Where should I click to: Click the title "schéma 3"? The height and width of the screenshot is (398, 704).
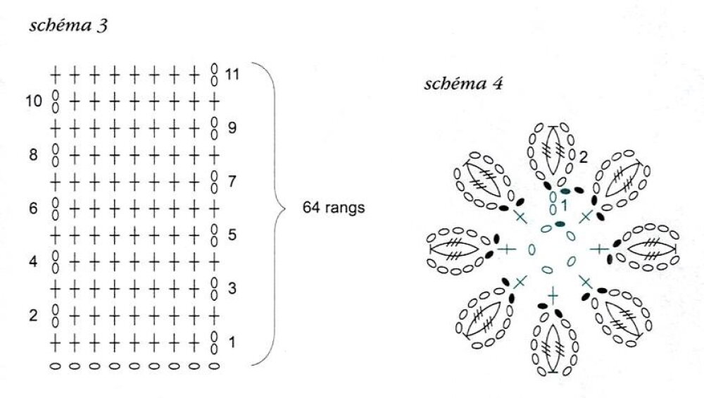(x=68, y=27)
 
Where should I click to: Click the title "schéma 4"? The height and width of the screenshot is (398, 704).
(x=463, y=85)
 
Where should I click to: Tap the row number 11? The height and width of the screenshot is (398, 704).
(x=233, y=73)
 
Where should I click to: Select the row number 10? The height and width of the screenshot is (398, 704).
(x=34, y=101)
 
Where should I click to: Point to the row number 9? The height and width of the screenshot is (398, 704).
(x=233, y=128)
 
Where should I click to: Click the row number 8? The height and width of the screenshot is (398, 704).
(x=34, y=155)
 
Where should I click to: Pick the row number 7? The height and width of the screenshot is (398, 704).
(x=233, y=182)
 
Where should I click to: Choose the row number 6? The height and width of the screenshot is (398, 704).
(x=34, y=209)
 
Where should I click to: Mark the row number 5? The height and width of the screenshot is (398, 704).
(x=233, y=235)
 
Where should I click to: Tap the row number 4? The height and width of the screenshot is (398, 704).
(x=34, y=262)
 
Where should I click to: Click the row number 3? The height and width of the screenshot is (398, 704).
(x=233, y=289)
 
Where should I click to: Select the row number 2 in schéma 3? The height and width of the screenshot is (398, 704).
(x=34, y=316)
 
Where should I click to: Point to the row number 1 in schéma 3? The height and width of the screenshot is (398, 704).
(x=233, y=343)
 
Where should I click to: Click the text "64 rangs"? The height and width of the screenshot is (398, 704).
(x=333, y=209)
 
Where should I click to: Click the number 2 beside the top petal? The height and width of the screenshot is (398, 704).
(x=583, y=156)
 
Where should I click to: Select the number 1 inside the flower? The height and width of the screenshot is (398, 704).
(x=563, y=206)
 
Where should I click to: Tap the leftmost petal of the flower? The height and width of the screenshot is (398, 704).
(x=458, y=249)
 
